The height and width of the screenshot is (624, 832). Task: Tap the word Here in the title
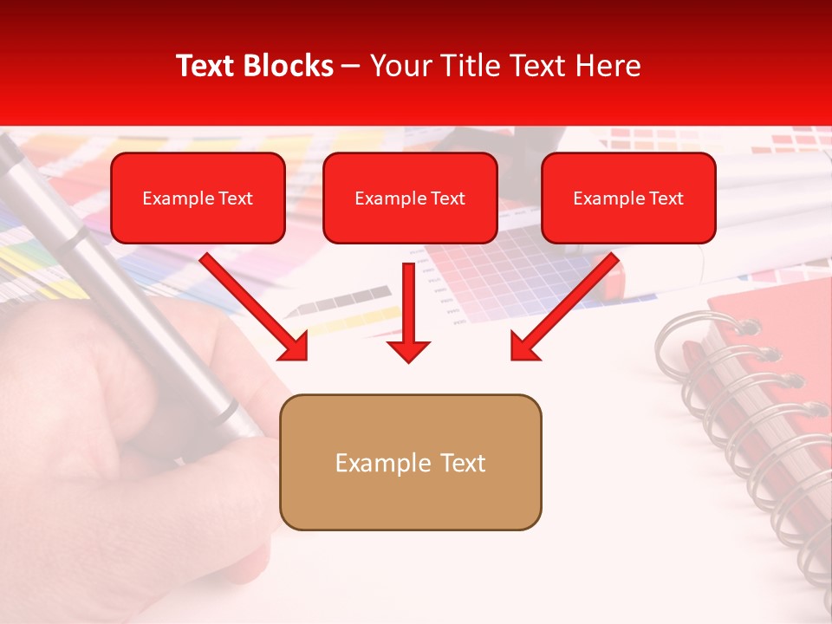pyautogui.click(x=607, y=66)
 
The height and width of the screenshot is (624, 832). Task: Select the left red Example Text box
pyautogui.click(x=198, y=198)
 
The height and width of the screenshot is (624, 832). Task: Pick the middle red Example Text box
pyautogui.click(x=410, y=198)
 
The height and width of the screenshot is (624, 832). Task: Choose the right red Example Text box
pyautogui.click(x=628, y=198)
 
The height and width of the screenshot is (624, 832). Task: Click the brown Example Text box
pyautogui.click(x=410, y=463)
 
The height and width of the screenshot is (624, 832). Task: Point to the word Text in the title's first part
pyautogui.click(x=205, y=66)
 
